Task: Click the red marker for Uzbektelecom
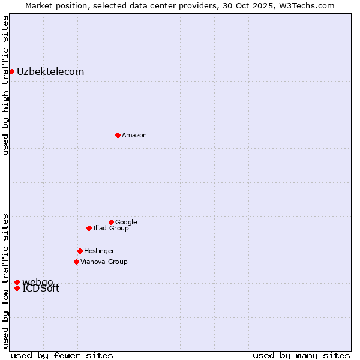coord(11,72)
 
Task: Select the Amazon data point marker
coord(118,135)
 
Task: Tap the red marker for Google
coord(111,222)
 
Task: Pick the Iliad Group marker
coord(89,228)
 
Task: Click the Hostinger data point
coord(80,251)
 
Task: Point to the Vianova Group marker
coord(76,262)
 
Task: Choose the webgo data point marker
coord(17,282)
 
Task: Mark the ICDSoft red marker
coord(17,289)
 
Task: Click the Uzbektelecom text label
coord(50,72)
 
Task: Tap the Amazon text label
coord(134,135)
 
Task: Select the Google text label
coord(126,222)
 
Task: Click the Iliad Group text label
coord(111,228)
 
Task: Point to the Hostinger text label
coord(99,251)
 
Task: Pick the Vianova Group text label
coord(104,262)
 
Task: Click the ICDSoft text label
coord(41,289)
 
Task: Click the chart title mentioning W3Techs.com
coord(180,5)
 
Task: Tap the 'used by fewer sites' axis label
coord(62,355)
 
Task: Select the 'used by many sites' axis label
coord(301,355)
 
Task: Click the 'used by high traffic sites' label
coord(5,85)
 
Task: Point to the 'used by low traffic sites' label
coord(5,281)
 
